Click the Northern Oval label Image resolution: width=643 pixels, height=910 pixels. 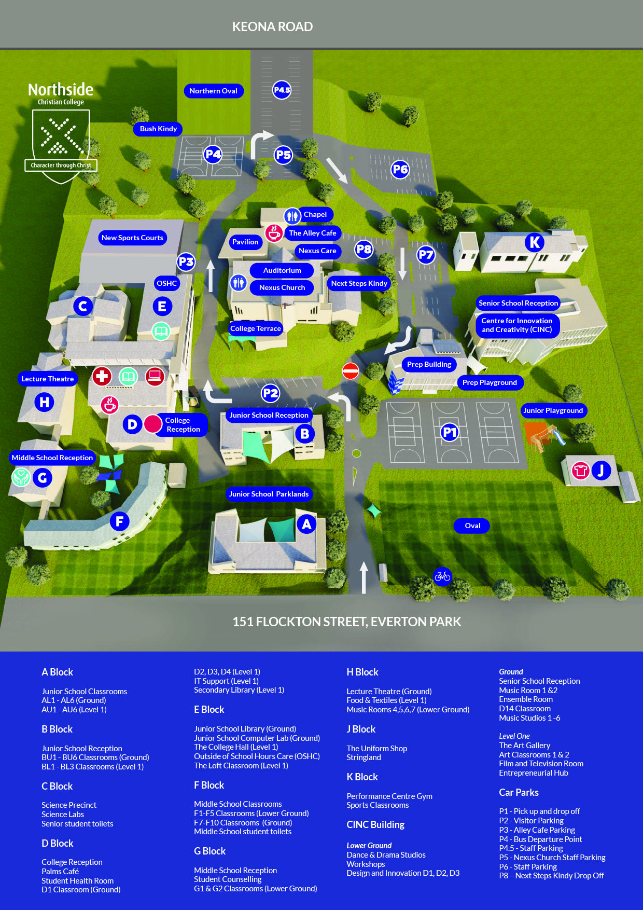pos(213,91)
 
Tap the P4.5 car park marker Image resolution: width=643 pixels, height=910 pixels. pos(282,90)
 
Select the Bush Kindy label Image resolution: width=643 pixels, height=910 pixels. pos(158,129)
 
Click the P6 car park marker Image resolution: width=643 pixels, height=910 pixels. pos(400,169)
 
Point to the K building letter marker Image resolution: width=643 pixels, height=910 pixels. pos(534,242)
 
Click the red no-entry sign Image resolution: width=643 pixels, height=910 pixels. pos(351,371)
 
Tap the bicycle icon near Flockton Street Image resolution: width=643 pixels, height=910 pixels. pos(442,576)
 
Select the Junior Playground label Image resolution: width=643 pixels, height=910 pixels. pos(553,410)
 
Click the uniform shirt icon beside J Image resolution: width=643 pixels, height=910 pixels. pos(581,471)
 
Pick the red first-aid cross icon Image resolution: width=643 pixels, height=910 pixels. pos(102,376)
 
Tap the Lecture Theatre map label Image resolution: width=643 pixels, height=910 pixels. pos(47,379)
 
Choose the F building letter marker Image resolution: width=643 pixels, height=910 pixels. pos(119,521)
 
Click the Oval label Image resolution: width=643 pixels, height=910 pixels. pos(472,526)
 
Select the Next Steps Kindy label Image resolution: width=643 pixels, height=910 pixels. pos(359,283)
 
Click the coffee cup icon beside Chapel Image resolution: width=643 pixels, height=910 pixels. pos(274,233)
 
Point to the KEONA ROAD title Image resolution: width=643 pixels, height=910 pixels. pos(272,26)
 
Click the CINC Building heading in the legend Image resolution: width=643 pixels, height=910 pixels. pos(375,824)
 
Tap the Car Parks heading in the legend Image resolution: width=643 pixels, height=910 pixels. pos(519,792)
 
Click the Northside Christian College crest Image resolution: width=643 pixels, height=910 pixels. pos(61,145)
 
